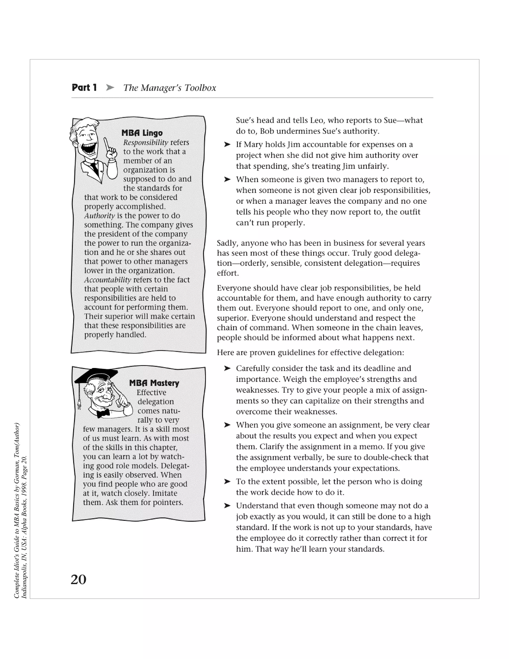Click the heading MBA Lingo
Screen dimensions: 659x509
click(x=142, y=133)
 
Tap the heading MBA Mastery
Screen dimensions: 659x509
click(x=154, y=383)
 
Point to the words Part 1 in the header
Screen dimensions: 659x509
click(x=84, y=88)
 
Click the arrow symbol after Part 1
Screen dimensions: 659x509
click(x=110, y=88)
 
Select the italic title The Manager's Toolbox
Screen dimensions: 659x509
click(x=170, y=88)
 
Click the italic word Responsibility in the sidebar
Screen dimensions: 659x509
click(x=145, y=142)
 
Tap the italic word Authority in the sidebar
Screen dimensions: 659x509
click(x=99, y=216)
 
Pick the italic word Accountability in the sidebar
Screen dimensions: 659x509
click(x=107, y=280)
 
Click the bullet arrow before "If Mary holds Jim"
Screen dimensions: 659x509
click(x=227, y=144)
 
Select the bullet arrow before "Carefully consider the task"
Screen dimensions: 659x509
click(x=227, y=369)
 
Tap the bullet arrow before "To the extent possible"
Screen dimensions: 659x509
click(x=227, y=482)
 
